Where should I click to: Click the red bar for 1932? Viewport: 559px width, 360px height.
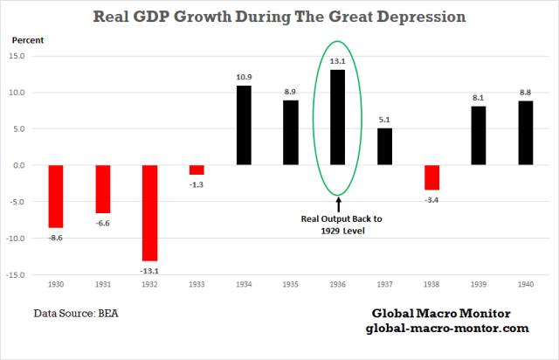tap(150, 212)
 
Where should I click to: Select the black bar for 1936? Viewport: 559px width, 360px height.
tap(337, 117)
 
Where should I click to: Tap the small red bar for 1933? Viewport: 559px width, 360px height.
tap(197, 170)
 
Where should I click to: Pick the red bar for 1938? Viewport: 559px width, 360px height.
tap(431, 177)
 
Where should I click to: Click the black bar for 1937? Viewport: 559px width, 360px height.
tap(384, 146)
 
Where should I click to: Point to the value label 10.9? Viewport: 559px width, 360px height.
tap(244, 77)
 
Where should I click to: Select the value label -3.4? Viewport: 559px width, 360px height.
tap(431, 199)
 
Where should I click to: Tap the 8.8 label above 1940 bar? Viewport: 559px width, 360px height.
tap(525, 92)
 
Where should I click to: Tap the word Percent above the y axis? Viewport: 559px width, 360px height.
tap(27, 39)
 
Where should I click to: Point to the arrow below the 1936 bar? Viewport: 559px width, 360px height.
tap(338, 204)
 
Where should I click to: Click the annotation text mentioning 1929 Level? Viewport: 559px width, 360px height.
tap(338, 226)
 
